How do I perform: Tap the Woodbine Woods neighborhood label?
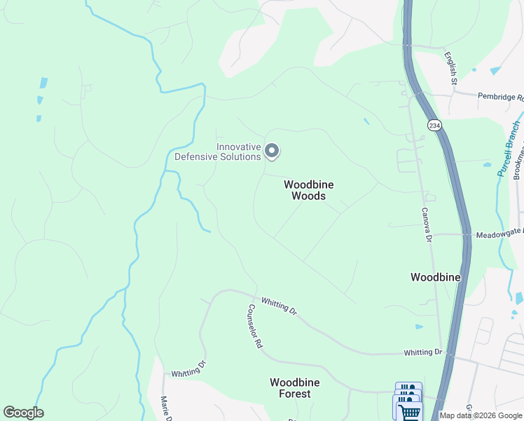click(x=309, y=190)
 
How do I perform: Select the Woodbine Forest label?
click(x=295, y=388)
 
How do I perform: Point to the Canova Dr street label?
click(x=425, y=225)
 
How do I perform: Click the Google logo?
click(x=23, y=413)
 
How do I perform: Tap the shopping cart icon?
click(x=408, y=410)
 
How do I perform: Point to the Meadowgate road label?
click(x=499, y=234)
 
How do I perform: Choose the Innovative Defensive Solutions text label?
click(x=217, y=152)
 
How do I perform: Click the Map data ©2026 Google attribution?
click(x=481, y=415)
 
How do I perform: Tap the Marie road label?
click(x=166, y=409)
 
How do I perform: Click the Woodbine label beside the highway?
click(x=435, y=277)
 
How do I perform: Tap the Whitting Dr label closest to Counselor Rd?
click(x=280, y=305)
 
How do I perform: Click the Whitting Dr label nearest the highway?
click(x=423, y=352)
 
